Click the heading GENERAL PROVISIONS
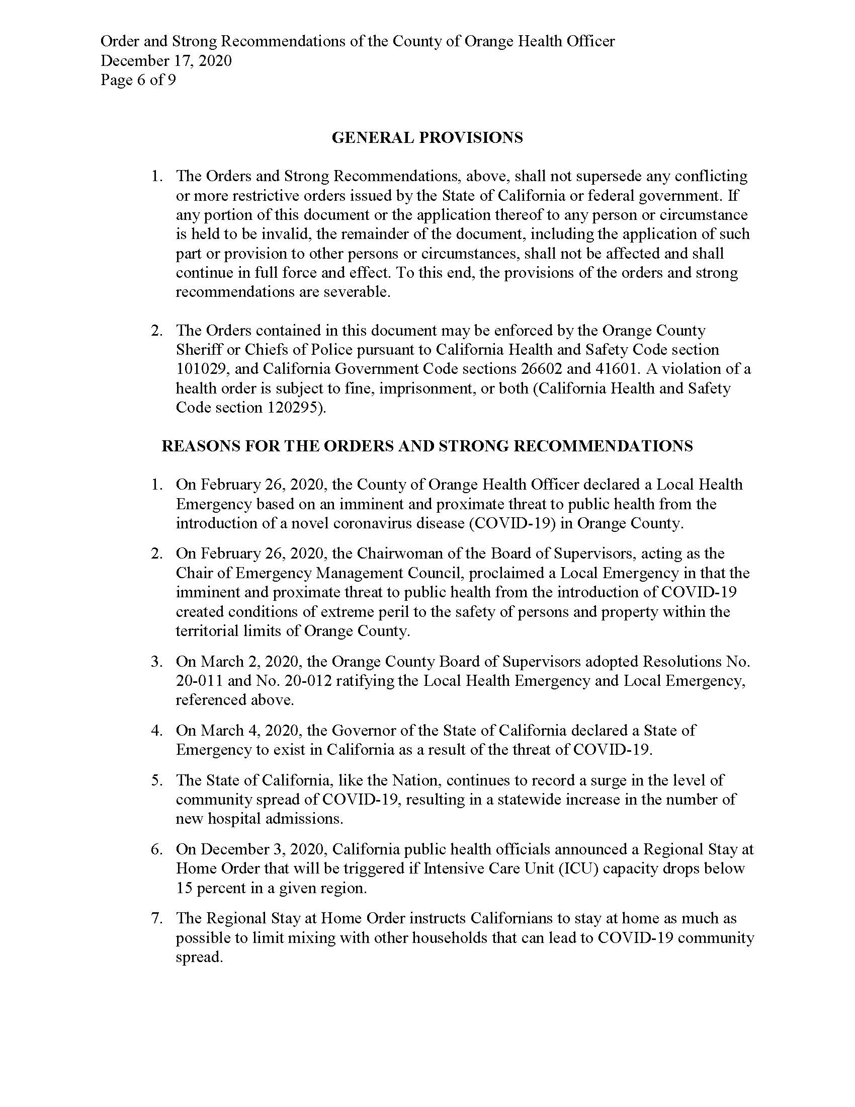(x=427, y=137)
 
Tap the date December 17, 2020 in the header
(x=166, y=61)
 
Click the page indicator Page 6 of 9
(x=138, y=80)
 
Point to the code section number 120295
(x=293, y=408)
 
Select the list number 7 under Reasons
(x=156, y=918)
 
